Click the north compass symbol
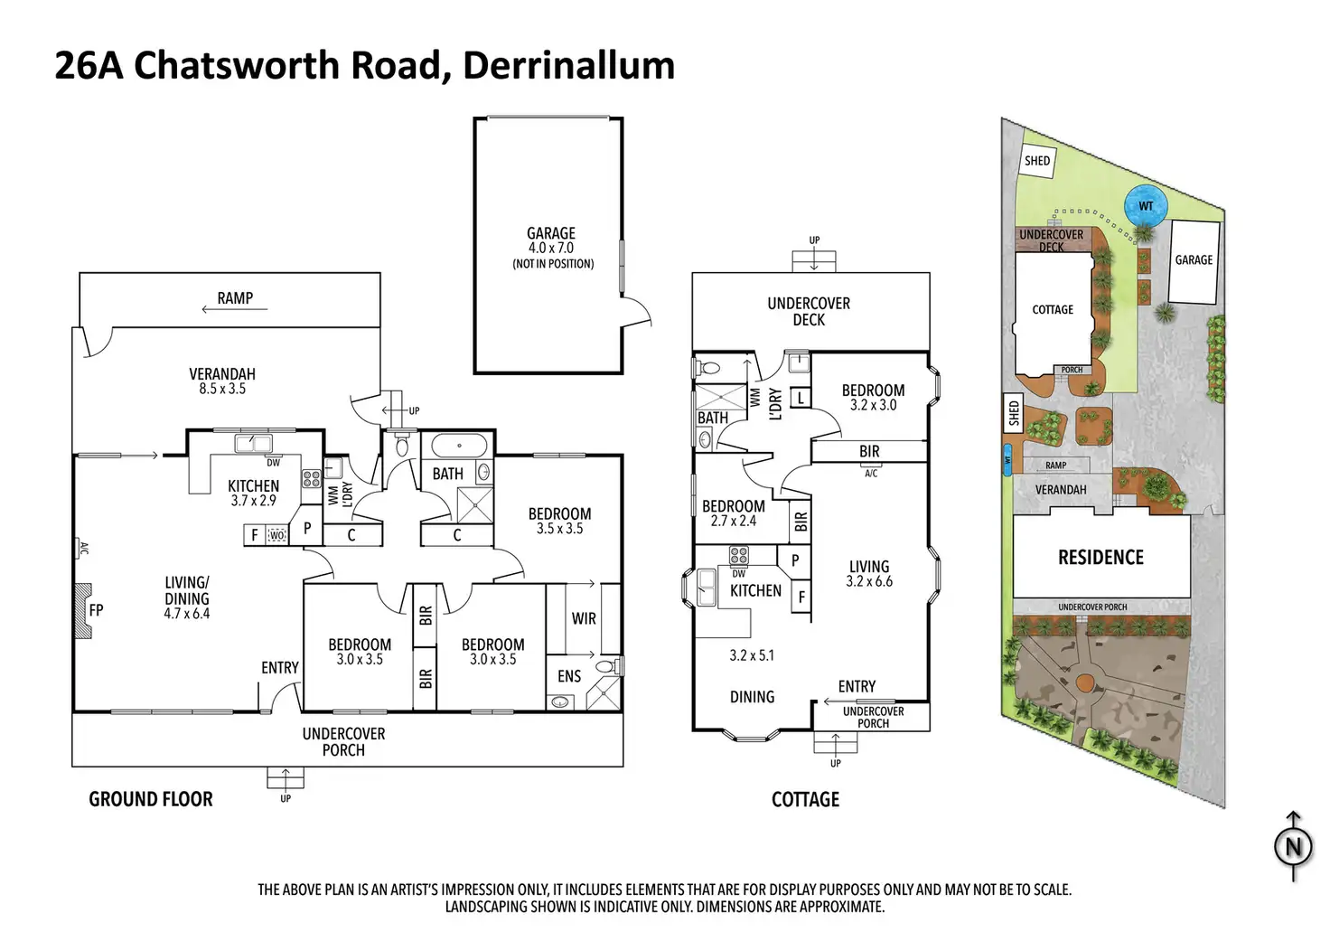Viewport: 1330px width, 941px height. (1293, 846)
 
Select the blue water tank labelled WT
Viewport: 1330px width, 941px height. (1146, 206)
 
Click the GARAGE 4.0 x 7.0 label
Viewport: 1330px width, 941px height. (551, 241)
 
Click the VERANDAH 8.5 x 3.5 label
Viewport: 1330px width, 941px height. (222, 381)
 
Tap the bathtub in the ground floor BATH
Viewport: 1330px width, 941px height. (460, 446)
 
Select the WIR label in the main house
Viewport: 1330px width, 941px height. (584, 618)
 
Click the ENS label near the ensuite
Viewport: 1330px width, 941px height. (569, 676)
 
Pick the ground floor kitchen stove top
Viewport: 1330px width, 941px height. (312, 478)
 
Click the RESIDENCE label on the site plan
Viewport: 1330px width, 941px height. (1101, 558)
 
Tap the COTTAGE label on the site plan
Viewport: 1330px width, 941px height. (1053, 309)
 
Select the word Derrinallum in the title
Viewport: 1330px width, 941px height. (568, 66)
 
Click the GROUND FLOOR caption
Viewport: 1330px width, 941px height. (151, 799)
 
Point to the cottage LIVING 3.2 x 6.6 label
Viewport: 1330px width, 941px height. (869, 574)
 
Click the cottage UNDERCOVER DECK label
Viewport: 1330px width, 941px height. (809, 311)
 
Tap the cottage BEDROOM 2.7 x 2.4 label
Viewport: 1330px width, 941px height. (733, 513)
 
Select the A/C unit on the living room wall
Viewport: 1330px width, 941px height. (83, 548)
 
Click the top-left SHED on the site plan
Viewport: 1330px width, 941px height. (1037, 161)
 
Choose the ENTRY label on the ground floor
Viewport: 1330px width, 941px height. (280, 667)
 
